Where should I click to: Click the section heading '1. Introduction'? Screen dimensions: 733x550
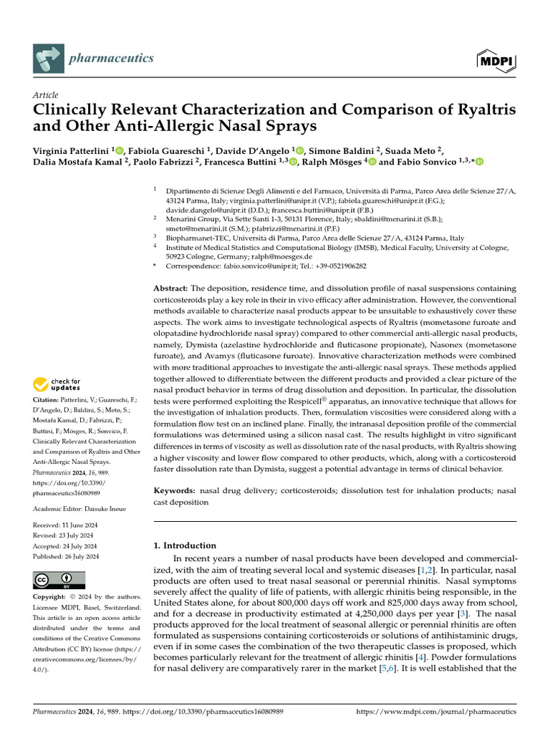click(185, 545)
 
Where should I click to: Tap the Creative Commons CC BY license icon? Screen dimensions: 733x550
click(59, 579)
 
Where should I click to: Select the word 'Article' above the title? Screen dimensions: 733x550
click(46, 95)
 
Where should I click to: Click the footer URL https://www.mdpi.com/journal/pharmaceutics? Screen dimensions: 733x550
click(435, 712)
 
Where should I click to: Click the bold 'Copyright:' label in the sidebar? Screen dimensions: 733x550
click(51, 596)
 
